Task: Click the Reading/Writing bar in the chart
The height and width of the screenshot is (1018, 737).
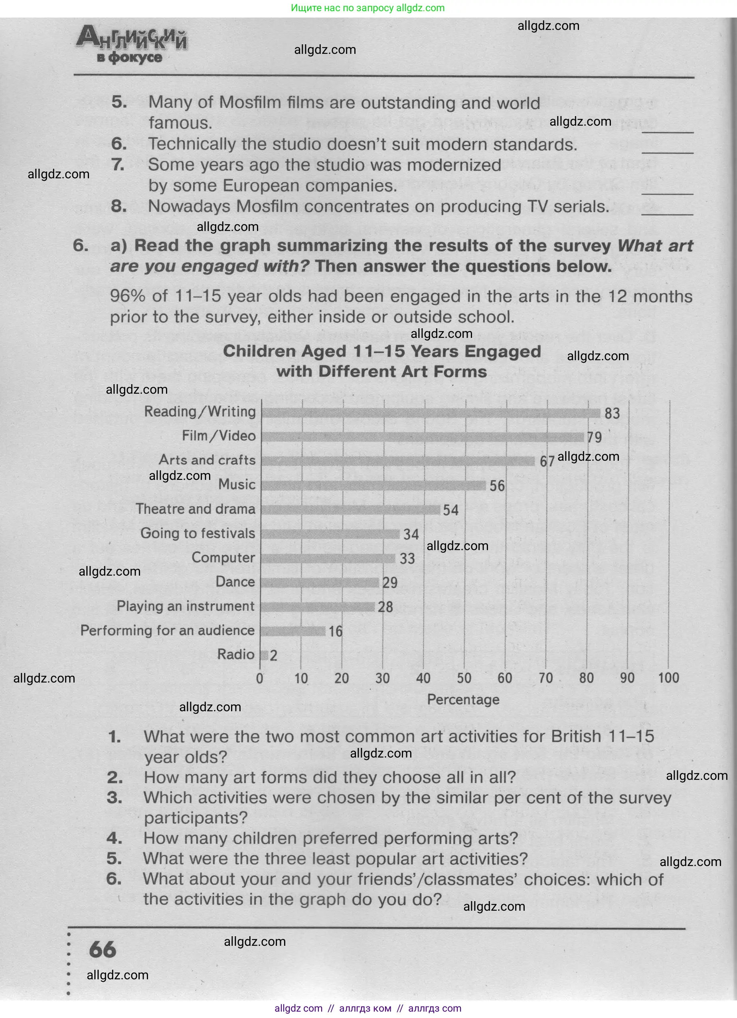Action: pyautogui.click(x=430, y=413)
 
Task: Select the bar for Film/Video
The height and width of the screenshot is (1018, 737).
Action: pyautogui.click(x=422, y=437)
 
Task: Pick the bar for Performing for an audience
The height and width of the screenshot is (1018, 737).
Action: pyautogui.click(x=293, y=631)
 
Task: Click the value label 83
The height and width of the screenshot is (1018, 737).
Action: pyautogui.click(x=612, y=413)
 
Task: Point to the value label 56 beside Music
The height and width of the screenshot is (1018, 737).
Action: pyautogui.click(x=497, y=485)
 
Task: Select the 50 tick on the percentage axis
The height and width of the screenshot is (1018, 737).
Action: pyautogui.click(x=464, y=678)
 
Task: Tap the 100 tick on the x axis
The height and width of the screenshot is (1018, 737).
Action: pyautogui.click(x=668, y=678)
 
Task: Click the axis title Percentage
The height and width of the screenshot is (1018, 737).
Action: pyautogui.click(x=463, y=699)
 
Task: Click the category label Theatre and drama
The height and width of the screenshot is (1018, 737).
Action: pyautogui.click(x=196, y=509)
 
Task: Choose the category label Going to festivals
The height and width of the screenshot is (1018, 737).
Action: pyautogui.click(x=198, y=533)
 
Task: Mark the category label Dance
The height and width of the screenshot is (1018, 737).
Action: pyautogui.click(x=235, y=582)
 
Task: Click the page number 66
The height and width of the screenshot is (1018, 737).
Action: pyautogui.click(x=103, y=950)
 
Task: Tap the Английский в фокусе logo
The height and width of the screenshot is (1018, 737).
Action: pyautogui.click(x=131, y=44)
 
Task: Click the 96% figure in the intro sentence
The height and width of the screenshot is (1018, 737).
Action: pyautogui.click(x=128, y=296)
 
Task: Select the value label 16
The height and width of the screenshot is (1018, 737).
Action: pyautogui.click(x=336, y=631)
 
